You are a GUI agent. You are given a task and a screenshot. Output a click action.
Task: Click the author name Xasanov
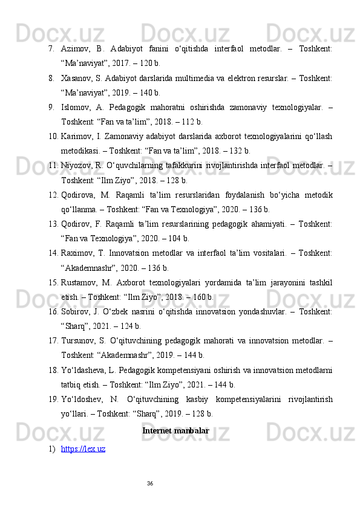click(78, 77)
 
